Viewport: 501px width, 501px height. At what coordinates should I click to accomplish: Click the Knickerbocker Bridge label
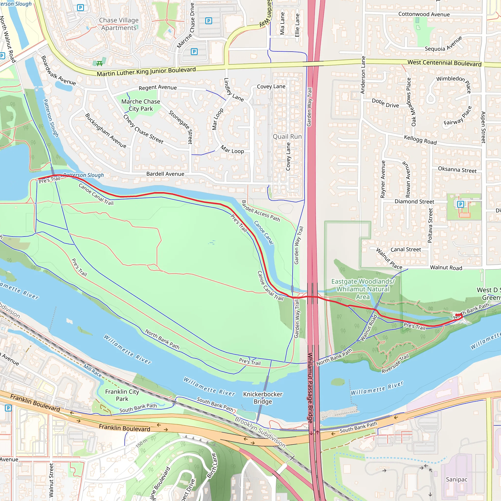[263, 398]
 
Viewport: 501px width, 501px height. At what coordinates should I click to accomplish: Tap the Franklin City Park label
[122, 395]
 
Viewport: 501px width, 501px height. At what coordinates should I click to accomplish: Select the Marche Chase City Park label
[141, 105]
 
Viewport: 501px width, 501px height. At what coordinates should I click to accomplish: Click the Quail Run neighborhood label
[287, 137]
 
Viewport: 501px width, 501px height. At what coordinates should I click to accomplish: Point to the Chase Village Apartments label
[119, 24]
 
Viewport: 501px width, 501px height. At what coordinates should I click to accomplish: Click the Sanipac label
[456, 479]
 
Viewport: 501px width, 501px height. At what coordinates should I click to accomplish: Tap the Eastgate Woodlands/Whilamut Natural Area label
[363, 289]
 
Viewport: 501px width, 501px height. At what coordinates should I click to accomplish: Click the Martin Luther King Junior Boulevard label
[146, 72]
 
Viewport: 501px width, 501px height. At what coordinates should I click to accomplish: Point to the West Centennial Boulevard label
[444, 63]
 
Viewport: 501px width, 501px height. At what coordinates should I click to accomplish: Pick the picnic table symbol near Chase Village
[99, 63]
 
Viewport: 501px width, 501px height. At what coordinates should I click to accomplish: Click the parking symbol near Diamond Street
[460, 204]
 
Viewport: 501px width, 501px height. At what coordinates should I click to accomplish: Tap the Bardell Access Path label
[261, 211]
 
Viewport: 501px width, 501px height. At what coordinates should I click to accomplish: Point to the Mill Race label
[92, 370]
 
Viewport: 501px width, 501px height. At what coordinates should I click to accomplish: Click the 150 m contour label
[141, 444]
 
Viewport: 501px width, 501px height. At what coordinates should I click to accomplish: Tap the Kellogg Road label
[420, 140]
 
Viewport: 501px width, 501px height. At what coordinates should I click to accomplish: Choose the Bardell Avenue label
[165, 174]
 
